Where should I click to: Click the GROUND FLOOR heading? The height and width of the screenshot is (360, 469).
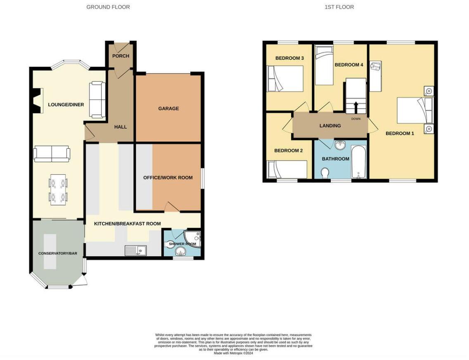coord(108,7)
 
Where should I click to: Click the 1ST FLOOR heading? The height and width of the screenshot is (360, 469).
coord(339,7)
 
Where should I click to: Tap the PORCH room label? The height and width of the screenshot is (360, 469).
coord(121,56)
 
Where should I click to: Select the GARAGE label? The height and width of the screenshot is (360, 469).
coord(168,109)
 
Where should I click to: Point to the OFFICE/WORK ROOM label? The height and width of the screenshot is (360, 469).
coord(168,178)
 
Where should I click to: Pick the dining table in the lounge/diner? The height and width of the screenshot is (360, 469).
coord(58,190)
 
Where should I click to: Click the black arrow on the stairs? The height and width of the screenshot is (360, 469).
coord(355,107)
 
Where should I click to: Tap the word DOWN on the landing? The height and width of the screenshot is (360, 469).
coord(355,118)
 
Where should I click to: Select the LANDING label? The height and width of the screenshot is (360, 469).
coord(330,126)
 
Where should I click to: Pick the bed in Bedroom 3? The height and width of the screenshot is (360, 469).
coord(285,78)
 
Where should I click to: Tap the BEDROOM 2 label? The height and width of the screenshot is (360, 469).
coord(289,151)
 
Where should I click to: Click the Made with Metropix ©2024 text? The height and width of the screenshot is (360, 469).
coord(234,353)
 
